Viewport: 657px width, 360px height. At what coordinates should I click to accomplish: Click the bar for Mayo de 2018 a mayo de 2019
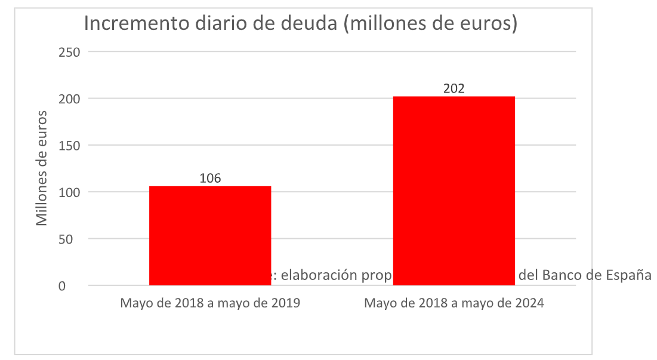(210, 236)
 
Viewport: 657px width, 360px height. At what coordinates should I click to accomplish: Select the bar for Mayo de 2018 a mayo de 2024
(454, 191)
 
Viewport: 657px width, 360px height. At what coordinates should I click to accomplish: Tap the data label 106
(210, 178)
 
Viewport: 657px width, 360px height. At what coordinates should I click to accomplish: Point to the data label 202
(454, 88)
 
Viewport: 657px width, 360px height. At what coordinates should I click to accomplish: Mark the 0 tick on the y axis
(77, 286)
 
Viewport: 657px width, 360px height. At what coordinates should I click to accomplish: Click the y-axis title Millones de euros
(41, 167)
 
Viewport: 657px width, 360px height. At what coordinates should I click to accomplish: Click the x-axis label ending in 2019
(210, 303)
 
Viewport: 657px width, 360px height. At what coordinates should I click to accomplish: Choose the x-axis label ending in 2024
(454, 303)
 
